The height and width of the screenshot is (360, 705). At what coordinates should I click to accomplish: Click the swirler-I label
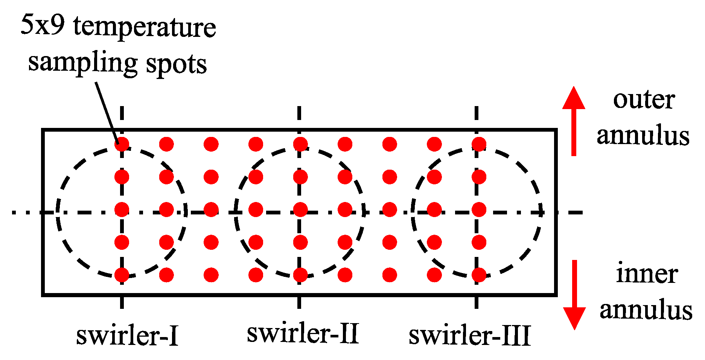127,335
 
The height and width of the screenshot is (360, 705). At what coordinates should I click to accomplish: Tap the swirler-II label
303,333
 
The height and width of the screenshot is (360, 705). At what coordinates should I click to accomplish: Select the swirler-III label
470,335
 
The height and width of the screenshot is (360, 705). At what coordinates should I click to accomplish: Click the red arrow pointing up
574,120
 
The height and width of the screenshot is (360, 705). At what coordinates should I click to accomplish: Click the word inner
647,274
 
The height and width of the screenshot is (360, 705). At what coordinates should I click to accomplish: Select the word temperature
145,27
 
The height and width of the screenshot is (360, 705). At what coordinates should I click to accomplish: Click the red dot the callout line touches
122,144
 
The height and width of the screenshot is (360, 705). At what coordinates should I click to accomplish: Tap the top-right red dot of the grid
479,144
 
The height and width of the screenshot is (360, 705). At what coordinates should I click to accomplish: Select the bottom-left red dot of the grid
122,275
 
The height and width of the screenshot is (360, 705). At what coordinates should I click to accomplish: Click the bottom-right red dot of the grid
479,275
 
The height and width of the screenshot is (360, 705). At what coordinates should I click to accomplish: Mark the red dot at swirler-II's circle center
300,210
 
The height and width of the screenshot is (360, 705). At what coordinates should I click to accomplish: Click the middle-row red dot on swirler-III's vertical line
479,210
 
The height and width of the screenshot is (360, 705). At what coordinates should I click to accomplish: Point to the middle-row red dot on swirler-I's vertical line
122,210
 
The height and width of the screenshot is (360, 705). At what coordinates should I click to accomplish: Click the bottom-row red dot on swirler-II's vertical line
300,275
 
